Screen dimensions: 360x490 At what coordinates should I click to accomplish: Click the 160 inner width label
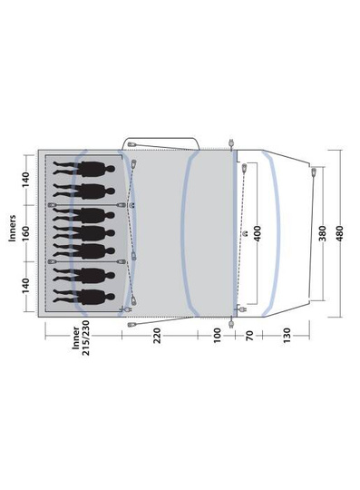26,233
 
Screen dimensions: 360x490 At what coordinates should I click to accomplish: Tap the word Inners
12,228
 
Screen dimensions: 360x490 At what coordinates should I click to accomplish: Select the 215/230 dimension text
85,338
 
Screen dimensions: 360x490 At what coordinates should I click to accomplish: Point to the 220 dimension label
157,336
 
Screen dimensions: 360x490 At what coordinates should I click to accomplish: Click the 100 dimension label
217,336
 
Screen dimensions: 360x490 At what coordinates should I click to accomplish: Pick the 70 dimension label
249,336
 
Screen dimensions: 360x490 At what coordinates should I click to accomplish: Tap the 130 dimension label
287,336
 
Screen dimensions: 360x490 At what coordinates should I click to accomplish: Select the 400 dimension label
257,233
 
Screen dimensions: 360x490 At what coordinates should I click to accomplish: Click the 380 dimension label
322,233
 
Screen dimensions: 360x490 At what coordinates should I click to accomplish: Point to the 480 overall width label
339,233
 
